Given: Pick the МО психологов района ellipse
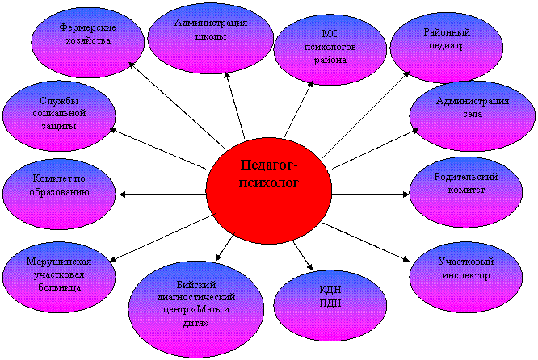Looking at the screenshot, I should pyautogui.click(x=329, y=50).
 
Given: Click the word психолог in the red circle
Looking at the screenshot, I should pyautogui.click(x=269, y=182).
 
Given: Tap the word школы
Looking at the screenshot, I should pyautogui.click(x=210, y=36).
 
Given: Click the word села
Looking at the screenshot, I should pyautogui.click(x=473, y=115).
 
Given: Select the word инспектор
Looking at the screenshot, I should pyautogui.click(x=465, y=275).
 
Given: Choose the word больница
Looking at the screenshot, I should pyautogui.click(x=58, y=287).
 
